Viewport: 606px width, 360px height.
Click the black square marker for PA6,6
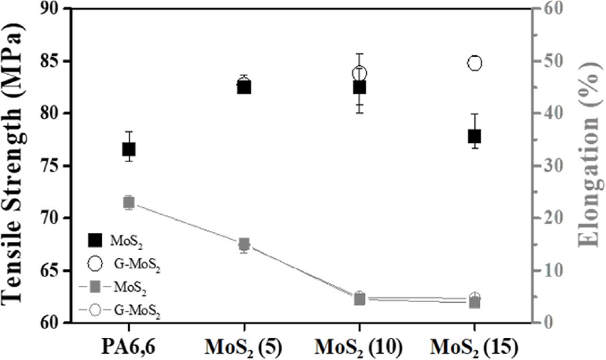coord(129,149)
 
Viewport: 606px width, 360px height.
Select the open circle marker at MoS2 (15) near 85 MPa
coord(475,63)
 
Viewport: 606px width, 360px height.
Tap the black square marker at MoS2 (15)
coord(474,136)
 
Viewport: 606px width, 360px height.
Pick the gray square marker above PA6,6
coord(129,202)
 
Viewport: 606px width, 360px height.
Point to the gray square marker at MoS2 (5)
coord(244,244)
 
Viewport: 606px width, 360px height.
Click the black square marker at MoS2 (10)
coord(360,87)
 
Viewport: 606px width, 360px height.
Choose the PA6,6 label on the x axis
coord(129,347)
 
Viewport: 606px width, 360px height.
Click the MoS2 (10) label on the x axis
coord(358,348)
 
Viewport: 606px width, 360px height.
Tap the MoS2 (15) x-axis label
coord(474,348)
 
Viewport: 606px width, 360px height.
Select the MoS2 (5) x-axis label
coord(243,348)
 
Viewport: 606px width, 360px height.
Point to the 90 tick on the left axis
coord(52,9)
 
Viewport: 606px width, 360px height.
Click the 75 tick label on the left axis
coord(52,166)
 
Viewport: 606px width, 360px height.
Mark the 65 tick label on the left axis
coord(52,271)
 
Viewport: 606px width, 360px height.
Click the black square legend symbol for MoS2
coord(95,240)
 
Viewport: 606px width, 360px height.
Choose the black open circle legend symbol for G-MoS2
coord(95,263)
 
